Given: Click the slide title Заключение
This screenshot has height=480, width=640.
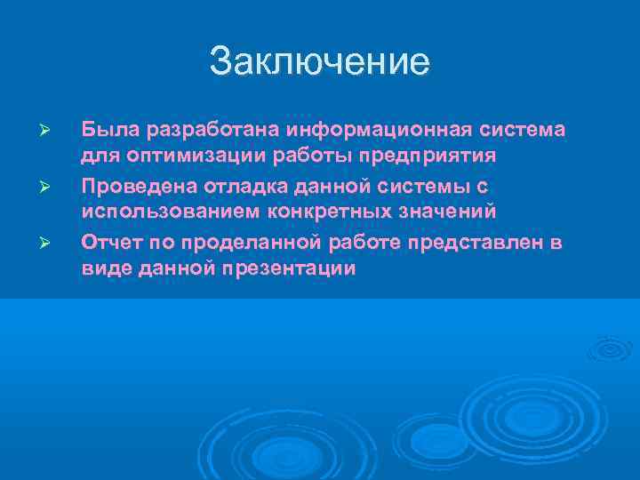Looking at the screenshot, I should pos(319,62).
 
